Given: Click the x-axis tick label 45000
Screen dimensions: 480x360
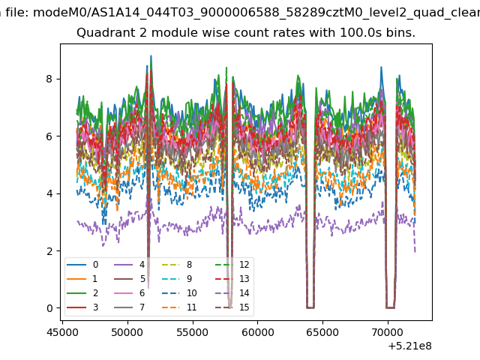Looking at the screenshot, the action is [62, 332].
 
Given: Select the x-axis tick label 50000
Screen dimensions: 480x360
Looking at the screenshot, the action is [127, 332].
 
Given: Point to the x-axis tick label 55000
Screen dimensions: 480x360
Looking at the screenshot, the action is [193, 332].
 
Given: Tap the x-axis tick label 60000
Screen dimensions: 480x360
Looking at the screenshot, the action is [258, 332].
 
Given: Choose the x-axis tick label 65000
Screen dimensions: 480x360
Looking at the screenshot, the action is [322, 332].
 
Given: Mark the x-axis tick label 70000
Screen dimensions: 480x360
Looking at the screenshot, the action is [388, 332].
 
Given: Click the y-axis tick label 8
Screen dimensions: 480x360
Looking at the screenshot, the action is [49, 79].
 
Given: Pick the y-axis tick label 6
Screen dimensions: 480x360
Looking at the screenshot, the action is [49, 136].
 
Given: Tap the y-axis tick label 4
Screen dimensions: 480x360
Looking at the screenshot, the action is [49, 193].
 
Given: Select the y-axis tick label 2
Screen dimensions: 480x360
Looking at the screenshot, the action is [49, 250].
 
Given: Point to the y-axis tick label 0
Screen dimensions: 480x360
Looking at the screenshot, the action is [49, 308].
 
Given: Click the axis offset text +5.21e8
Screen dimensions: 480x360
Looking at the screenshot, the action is [409, 346].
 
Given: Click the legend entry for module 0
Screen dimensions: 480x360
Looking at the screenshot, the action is [82, 265].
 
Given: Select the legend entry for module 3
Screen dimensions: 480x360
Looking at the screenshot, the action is [82, 307].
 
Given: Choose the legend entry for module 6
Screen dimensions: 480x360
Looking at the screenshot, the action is [130, 293].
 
